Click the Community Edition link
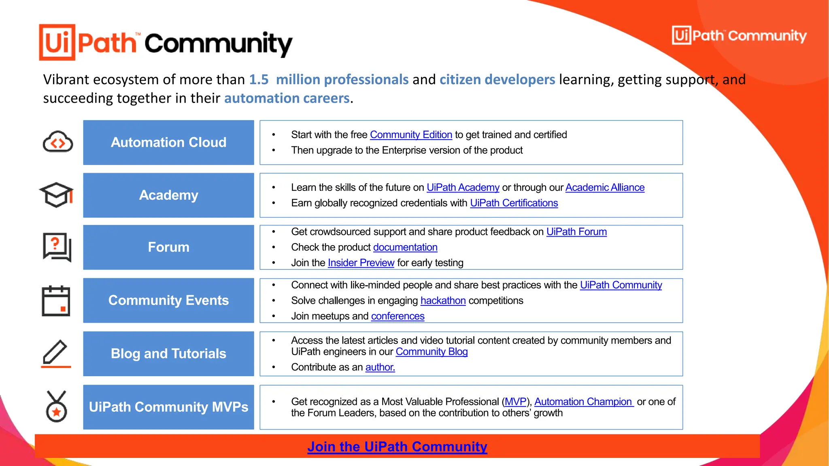coord(411,135)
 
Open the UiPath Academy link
coord(463,188)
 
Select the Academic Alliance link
coord(605,188)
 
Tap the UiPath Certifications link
coord(514,203)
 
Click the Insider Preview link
coord(361,263)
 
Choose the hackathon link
coord(443,301)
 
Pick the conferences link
coord(397,316)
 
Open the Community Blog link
coord(432,352)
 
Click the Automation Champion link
coord(583,402)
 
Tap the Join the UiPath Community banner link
coord(397,447)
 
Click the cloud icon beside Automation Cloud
coord(58,142)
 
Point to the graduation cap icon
coord(56,195)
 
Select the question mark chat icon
coord(57,247)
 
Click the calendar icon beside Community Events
coord(56,301)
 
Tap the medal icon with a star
coord(56,407)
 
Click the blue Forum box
coord(168,247)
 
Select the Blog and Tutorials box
coord(168,354)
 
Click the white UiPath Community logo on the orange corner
coord(739,36)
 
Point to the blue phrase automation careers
coord(287,98)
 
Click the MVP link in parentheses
coord(515,402)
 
